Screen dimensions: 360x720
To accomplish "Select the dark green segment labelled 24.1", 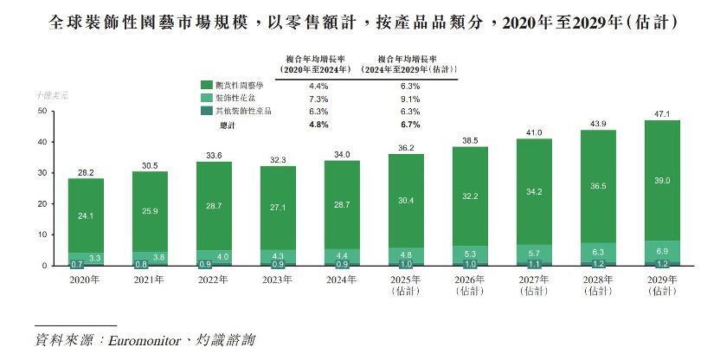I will point(87,215).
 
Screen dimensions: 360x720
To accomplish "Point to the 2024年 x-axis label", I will point(343,280).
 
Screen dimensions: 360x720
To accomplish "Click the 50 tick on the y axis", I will point(41,112).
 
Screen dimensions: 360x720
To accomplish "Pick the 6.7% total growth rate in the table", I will point(410,125).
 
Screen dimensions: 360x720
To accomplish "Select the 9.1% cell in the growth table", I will point(410,99).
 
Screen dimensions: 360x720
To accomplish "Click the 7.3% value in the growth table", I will point(318,99).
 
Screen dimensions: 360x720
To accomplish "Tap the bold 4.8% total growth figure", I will point(318,125).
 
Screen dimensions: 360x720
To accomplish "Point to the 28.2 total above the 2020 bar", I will point(87,172).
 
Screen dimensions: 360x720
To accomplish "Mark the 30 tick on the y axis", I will point(41,173).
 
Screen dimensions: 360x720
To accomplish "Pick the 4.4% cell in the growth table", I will point(318,86).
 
